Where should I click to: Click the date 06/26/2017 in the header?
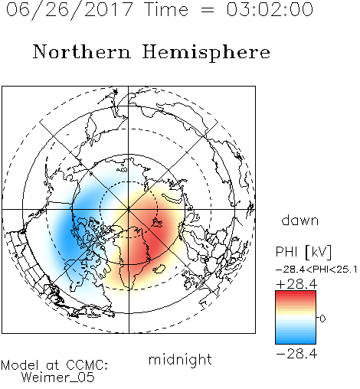[70, 10]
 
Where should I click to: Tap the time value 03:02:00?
[270, 9]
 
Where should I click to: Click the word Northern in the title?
[82, 51]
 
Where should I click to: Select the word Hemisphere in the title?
[206, 53]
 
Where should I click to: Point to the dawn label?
[300, 220]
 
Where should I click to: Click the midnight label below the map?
[180, 359]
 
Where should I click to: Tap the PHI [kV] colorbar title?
[303, 252]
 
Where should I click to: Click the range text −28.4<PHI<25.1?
[316, 270]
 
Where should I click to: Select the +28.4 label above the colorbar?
[296, 284]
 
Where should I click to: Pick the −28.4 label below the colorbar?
[296, 354]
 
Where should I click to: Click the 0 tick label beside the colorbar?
[322, 319]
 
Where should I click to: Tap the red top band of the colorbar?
[296, 295]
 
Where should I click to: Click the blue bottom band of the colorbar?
[296, 340]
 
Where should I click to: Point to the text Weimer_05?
[58, 378]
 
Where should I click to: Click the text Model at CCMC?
[54, 365]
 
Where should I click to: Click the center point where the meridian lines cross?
[129, 209]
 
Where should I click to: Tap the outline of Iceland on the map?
[159, 269]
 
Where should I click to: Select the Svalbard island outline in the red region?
[156, 223]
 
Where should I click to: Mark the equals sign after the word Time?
[208, 10]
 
